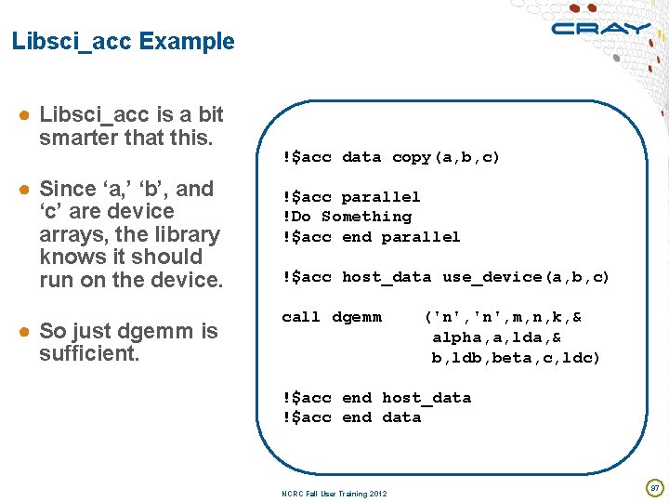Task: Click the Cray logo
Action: pos(600,29)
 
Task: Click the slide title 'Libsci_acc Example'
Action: pos(124,42)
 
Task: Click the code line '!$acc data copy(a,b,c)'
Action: pos(391,157)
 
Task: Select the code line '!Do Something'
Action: pos(348,217)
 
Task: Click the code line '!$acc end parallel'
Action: pos(372,237)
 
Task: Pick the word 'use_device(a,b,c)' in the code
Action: pos(526,277)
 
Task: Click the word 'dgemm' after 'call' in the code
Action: pos(357,317)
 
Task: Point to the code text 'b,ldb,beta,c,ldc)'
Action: pos(516,358)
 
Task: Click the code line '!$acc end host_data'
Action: pos(376,398)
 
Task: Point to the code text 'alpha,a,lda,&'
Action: pos(496,337)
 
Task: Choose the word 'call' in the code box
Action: pos(301,317)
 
